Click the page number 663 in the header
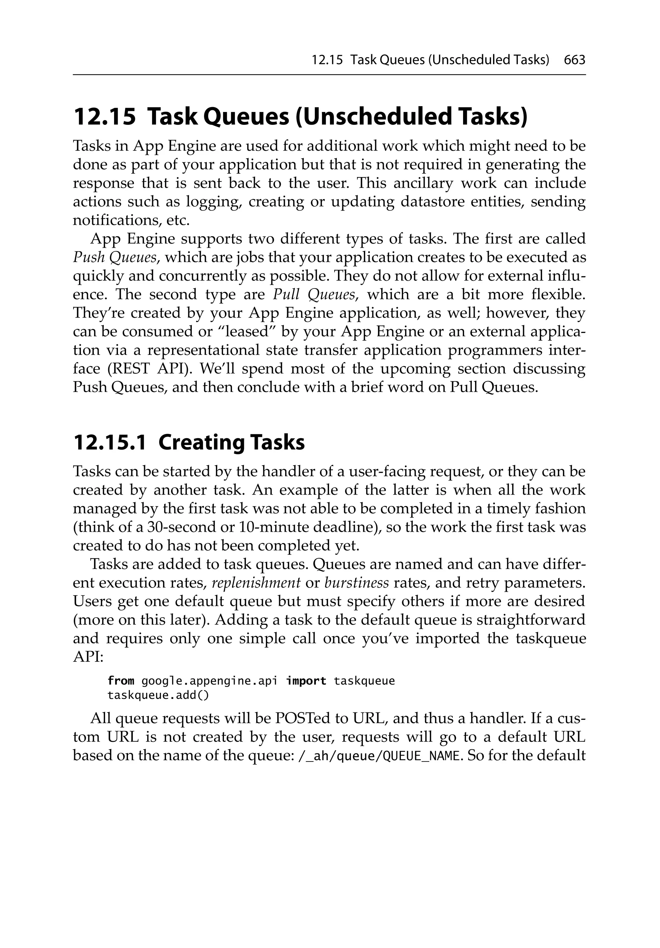[x=574, y=60]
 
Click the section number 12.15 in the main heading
[x=104, y=117]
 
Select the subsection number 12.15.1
[x=109, y=442]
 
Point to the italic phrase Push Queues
[x=115, y=257]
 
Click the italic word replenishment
[x=256, y=583]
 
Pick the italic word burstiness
[x=356, y=583]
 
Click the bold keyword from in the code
[x=121, y=681]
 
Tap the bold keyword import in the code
[x=306, y=681]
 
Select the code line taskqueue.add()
[x=158, y=696]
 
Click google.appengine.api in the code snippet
[x=209, y=681]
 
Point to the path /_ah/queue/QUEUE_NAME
[x=378, y=756]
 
